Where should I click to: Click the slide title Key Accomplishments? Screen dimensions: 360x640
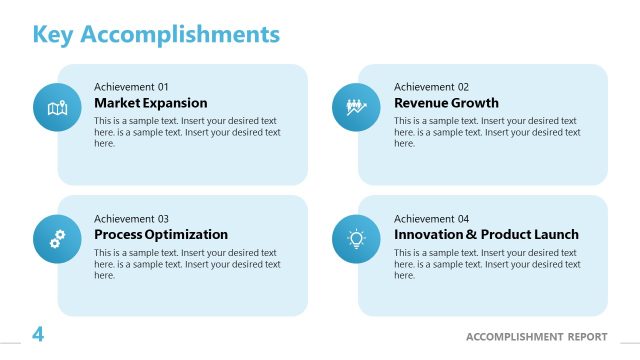[156, 35]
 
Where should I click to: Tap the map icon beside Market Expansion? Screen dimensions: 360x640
[57, 107]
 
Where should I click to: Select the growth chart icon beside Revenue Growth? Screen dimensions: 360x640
[356, 107]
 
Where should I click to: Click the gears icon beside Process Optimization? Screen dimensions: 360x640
[57, 238]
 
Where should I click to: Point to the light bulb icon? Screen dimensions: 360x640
[356, 238]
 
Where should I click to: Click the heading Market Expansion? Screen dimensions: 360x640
[151, 103]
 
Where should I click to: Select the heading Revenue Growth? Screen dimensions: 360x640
[446, 103]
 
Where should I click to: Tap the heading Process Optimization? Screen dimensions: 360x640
[161, 235]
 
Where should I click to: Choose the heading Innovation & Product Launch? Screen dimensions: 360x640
[486, 235]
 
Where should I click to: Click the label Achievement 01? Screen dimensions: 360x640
[131, 87]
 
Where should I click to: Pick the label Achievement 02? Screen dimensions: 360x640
[431, 87]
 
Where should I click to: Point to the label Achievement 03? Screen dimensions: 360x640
[131, 219]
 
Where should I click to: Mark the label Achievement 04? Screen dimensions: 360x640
[431, 219]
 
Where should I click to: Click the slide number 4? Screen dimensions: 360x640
[38, 335]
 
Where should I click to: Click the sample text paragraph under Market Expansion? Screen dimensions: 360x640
[187, 132]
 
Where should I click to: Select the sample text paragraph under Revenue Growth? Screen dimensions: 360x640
[487, 132]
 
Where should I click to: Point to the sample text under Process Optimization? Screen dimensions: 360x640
[187, 264]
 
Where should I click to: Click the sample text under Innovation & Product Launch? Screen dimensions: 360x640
[487, 264]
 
